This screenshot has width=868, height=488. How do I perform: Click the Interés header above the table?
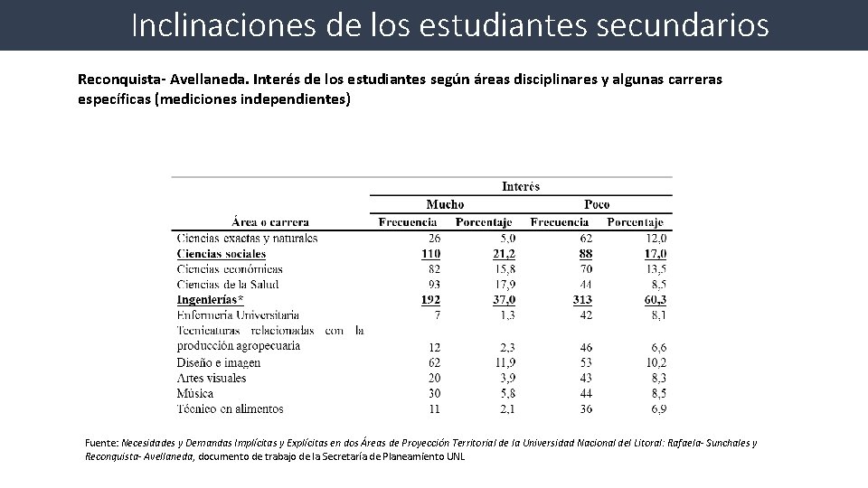click(520, 187)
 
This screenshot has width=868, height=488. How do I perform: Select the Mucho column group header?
click(445, 204)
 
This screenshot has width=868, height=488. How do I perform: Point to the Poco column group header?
click(597, 204)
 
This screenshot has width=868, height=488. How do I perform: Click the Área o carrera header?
click(270, 221)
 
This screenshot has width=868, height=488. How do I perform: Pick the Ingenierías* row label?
click(211, 299)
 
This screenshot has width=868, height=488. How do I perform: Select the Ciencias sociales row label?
click(222, 254)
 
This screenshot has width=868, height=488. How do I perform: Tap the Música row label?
click(195, 393)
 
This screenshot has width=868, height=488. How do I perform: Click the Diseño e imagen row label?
click(219, 362)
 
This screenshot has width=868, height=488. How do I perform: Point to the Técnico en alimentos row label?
click(231, 409)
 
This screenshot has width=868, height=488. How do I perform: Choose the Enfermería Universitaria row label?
click(239, 314)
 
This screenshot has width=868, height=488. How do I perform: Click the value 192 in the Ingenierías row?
click(430, 299)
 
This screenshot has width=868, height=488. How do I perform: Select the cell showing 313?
click(582, 299)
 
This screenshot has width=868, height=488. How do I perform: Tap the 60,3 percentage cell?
click(656, 299)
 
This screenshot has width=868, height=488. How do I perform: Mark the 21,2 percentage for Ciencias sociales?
click(505, 254)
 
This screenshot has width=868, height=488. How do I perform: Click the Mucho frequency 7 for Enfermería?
click(437, 314)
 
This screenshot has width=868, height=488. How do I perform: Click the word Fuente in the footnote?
click(100, 443)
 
